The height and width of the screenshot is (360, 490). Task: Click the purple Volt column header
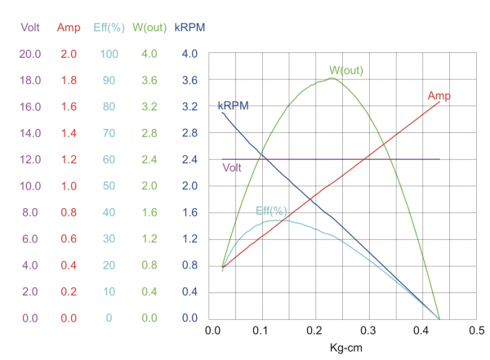(x=30, y=28)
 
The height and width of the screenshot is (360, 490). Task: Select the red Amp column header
(x=68, y=28)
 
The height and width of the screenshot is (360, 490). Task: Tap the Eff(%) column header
(x=108, y=28)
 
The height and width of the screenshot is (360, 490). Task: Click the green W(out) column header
(x=149, y=28)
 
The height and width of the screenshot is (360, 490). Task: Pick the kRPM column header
(x=189, y=28)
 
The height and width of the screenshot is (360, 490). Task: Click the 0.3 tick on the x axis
(x=369, y=331)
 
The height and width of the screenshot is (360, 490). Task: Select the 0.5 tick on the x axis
(x=474, y=331)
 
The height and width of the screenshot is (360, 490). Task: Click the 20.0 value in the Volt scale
(x=30, y=54)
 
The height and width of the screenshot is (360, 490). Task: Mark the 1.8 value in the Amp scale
(x=68, y=81)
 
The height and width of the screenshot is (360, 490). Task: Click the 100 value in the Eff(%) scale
(x=108, y=54)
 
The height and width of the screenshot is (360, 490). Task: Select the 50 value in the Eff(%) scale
(x=108, y=186)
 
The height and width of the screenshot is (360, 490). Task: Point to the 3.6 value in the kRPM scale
(x=189, y=81)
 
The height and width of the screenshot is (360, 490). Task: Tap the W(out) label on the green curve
(x=346, y=70)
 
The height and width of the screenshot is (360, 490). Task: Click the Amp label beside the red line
(x=439, y=96)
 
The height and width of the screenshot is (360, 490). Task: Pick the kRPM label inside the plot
(x=233, y=106)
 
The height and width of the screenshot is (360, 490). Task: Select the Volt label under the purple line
(x=233, y=168)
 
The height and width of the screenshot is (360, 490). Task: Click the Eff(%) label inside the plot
(x=271, y=211)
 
